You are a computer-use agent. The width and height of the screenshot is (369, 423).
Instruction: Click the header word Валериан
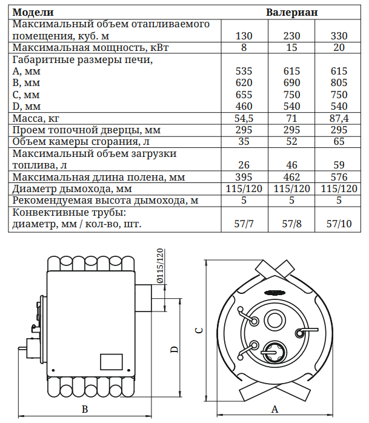tap(291, 12)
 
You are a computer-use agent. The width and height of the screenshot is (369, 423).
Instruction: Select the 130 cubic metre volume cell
tap(243, 36)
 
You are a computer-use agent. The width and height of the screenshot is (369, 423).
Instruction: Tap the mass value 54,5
tap(243, 118)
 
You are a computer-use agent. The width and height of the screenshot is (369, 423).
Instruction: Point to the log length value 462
tap(291, 177)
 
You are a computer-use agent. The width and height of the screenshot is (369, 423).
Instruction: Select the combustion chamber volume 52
tap(291, 142)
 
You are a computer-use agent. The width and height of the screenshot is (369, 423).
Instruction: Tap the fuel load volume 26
tap(243, 165)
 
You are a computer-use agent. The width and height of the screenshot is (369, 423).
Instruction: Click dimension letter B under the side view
tap(85, 409)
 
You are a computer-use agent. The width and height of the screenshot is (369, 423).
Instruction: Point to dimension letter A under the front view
tap(274, 409)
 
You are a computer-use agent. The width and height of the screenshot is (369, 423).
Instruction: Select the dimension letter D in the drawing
tap(174, 350)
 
